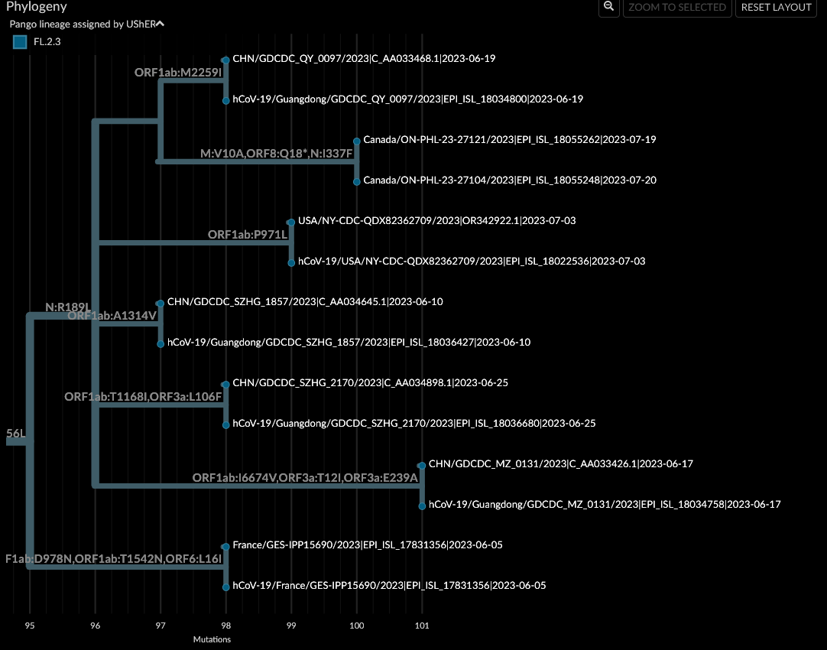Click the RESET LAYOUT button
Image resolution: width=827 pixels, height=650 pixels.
click(x=776, y=8)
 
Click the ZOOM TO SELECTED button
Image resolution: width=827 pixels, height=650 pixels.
click(x=676, y=8)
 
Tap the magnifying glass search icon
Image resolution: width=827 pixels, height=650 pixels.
click(x=608, y=7)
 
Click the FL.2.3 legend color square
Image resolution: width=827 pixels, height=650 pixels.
click(x=20, y=42)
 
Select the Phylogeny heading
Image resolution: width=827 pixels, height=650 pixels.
click(x=36, y=7)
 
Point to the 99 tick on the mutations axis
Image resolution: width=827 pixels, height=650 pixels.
click(x=291, y=626)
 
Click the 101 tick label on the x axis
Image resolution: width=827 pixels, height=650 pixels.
click(x=422, y=626)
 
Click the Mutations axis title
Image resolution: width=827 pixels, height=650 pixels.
click(x=212, y=639)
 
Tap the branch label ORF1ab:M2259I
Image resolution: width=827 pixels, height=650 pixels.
click(x=177, y=73)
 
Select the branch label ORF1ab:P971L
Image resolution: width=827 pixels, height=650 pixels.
click(x=248, y=235)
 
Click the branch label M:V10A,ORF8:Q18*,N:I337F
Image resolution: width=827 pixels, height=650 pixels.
click(x=276, y=154)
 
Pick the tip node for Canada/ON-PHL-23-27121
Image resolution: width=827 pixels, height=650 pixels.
click(x=357, y=141)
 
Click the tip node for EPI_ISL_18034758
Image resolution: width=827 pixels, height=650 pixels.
click(x=422, y=505)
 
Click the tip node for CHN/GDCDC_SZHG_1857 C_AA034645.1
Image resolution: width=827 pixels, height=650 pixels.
click(x=161, y=304)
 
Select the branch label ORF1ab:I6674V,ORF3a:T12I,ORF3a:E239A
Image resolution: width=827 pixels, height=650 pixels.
click(x=305, y=478)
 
